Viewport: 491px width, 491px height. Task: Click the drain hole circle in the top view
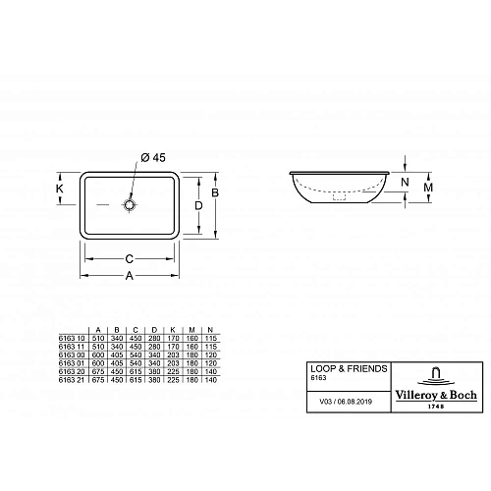coord(130,205)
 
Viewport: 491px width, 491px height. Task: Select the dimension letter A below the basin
coord(129,275)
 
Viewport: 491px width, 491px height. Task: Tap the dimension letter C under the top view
coord(129,259)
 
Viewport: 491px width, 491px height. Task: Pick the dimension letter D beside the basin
coord(197,206)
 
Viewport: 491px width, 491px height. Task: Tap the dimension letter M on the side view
coord(427,187)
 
